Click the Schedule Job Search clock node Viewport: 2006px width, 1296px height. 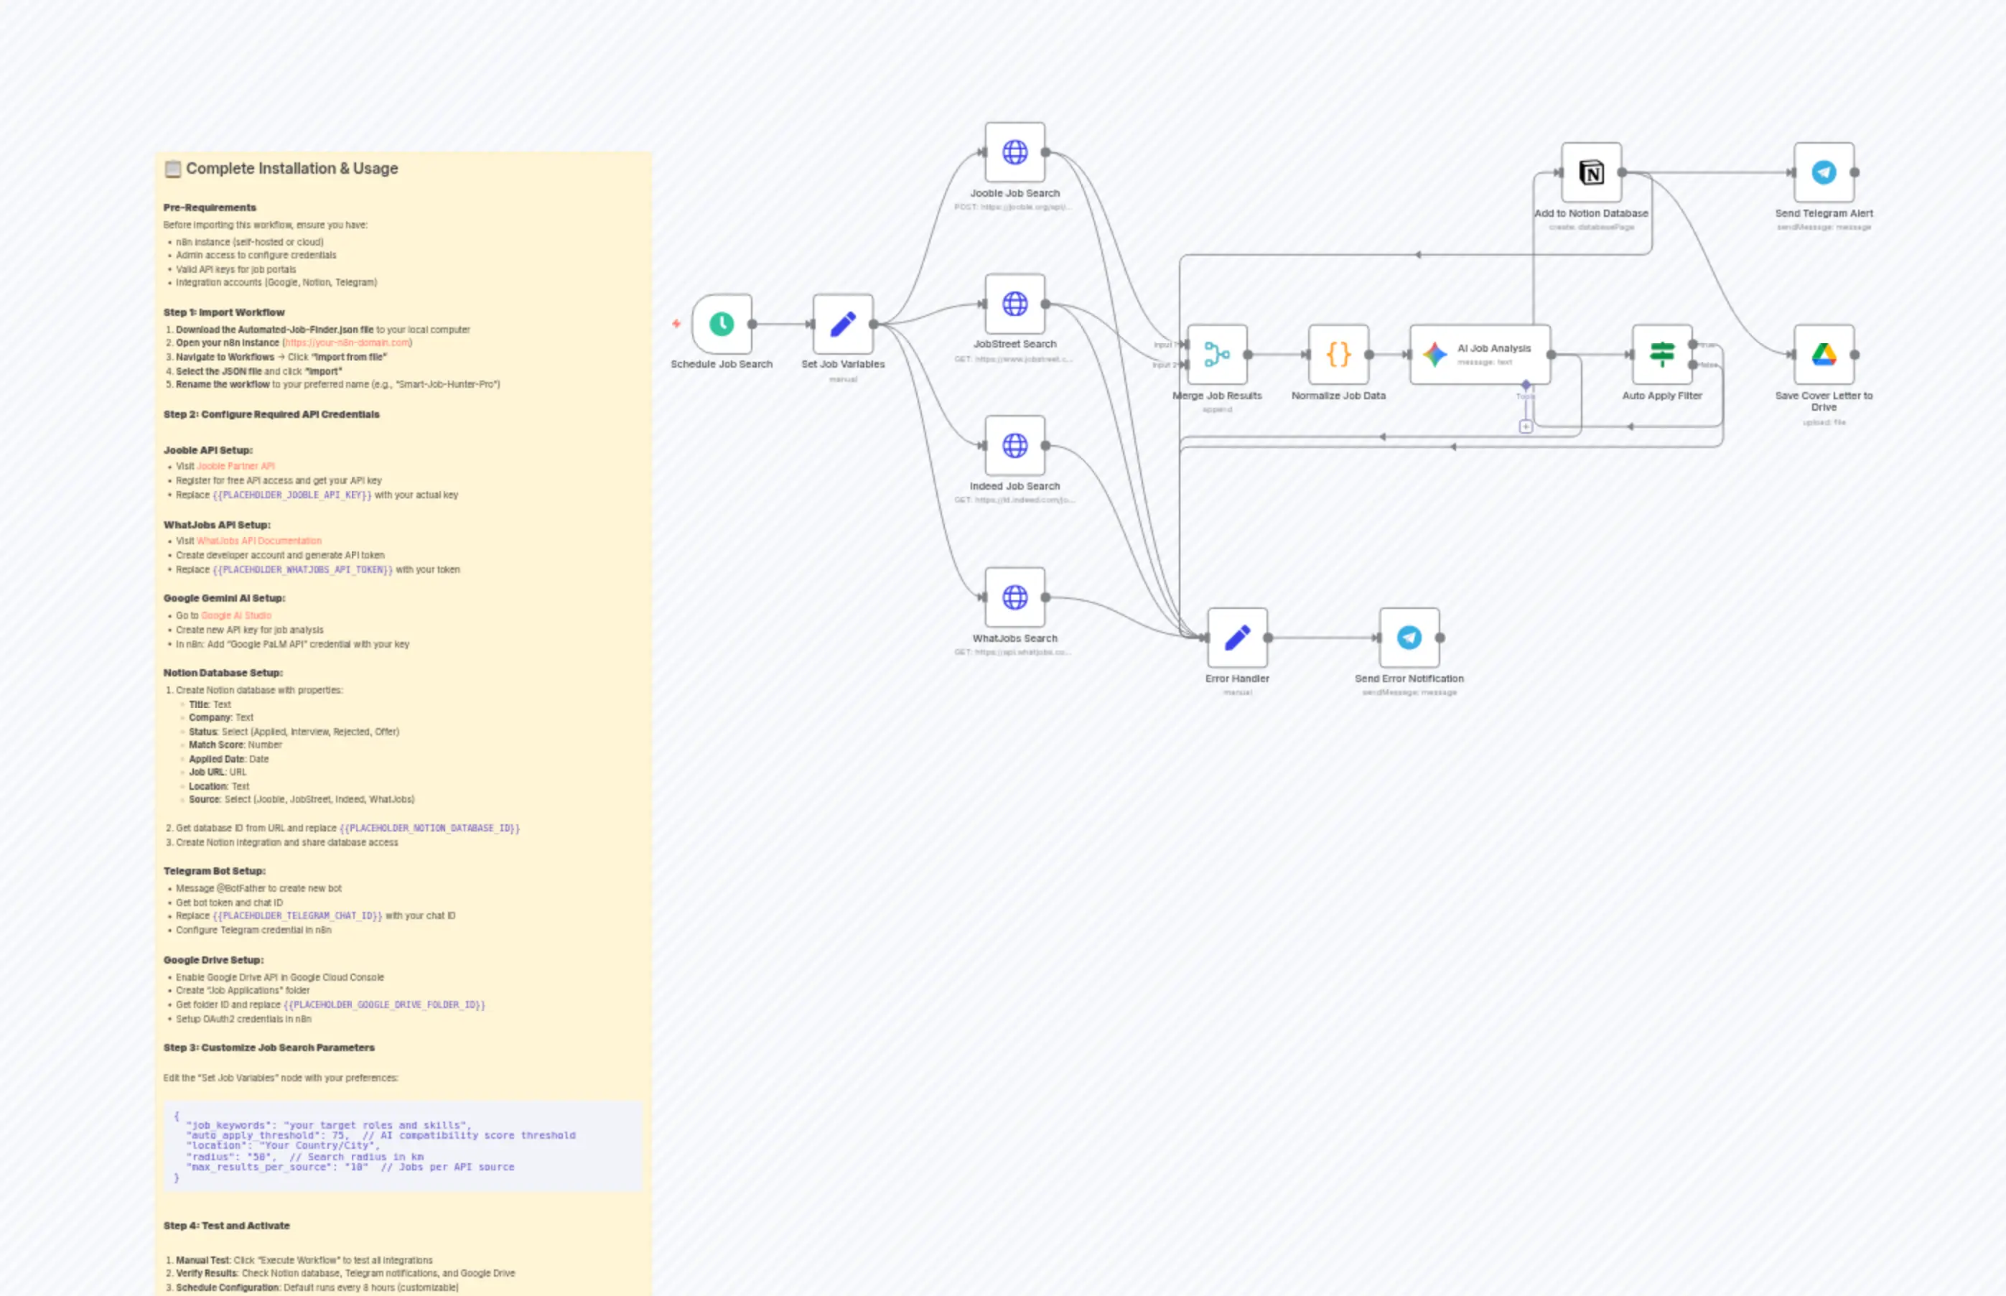tap(721, 324)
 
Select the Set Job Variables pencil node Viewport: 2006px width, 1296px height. tap(842, 324)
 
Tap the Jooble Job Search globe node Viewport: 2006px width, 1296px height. tap(1014, 152)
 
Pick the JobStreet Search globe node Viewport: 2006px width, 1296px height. tap(1014, 304)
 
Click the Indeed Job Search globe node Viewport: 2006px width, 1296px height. tap(1014, 445)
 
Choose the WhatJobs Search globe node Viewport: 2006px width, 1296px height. tap(1014, 597)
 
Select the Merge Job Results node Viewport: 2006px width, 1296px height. tap(1217, 354)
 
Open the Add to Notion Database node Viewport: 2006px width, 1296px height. tap(1590, 172)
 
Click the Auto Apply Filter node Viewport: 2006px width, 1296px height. tap(1662, 354)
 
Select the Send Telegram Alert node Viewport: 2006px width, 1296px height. tap(1824, 172)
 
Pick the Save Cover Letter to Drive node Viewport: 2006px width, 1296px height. tap(1824, 354)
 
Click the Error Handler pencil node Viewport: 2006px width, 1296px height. tap(1237, 638)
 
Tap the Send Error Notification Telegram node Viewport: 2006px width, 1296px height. tap(1409, 638)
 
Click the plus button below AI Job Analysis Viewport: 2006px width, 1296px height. tap(1526, 426)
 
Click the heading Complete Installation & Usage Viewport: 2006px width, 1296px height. tap(291, 168)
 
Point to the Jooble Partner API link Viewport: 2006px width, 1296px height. tap(235, 466)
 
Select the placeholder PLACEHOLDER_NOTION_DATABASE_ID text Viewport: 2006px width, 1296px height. tap(429, 829)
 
